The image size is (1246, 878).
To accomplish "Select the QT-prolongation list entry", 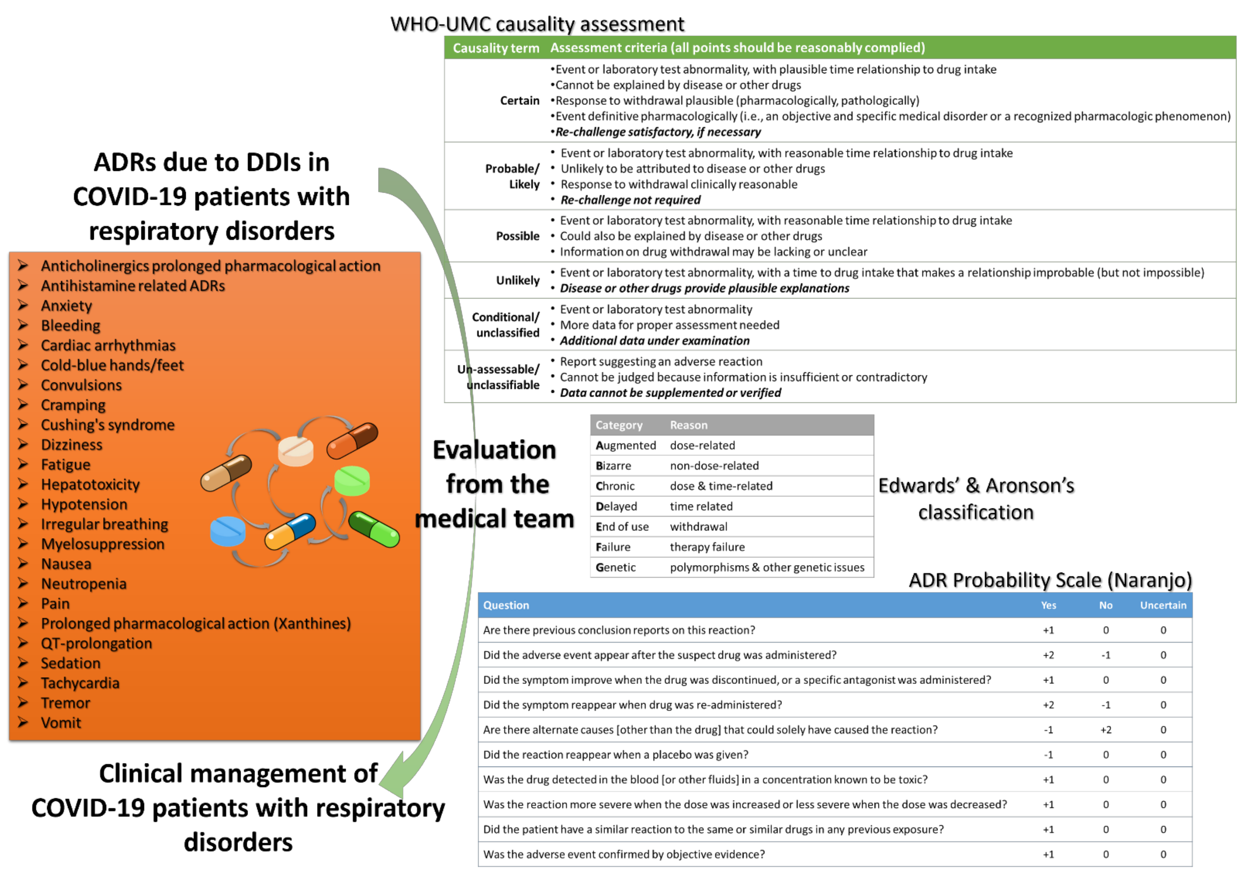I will [x=97, y=643].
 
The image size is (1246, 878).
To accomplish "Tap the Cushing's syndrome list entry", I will [x=108, y=425].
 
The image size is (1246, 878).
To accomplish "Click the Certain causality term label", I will [x=519, y=100].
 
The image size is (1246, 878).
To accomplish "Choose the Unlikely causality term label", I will [x=518, y=280].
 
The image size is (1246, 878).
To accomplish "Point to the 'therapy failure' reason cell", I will [x=707, y=547].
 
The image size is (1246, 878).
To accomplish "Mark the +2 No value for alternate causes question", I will [x=1106, y=730].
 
